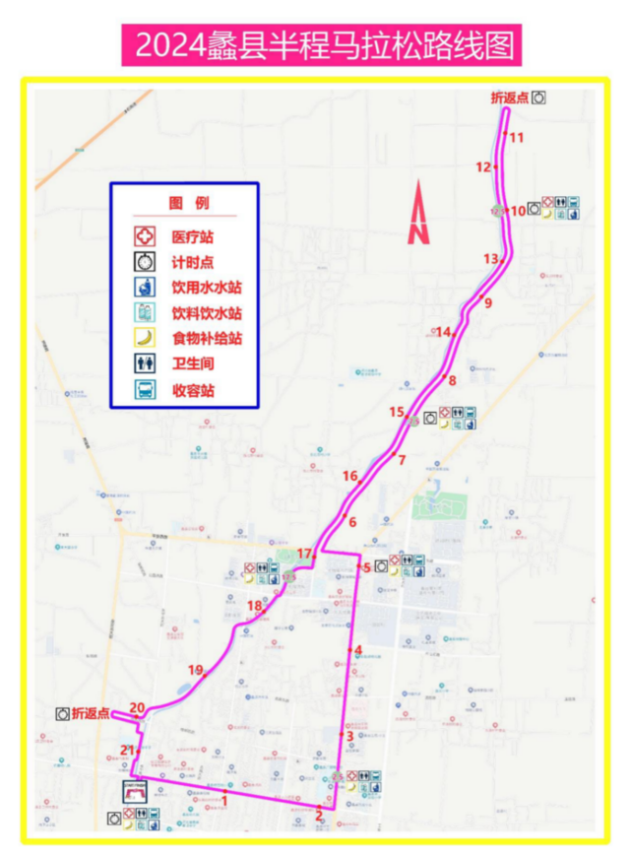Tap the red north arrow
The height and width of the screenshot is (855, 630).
pyautogui.click(x=419, y=213)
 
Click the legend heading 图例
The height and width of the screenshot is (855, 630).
pyautogui.click(x=188, y=203)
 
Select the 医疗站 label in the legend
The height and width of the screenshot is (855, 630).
pyautogui.click(x=193, y=237)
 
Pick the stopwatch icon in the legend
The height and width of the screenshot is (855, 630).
pyautogui.click(x=146, y=263)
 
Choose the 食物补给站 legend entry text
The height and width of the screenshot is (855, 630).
pyautogui.click(x=207, y=339)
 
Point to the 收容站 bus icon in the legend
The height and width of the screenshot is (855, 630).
pyautogui.click(x=146, y=390)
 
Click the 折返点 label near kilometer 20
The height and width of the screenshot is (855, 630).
pyautogui.click(x=91, y=713)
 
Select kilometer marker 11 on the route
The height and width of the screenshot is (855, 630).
pyautogui.click(x=517, y=137)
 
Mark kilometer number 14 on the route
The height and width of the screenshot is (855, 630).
pyautogui.click(x=444, y=332)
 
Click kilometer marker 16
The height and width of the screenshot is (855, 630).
pyautogui.click(x=350, y=477)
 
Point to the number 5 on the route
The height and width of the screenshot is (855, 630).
pyautogui.click(x=366, y=567)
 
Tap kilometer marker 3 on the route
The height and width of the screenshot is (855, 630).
pyautogui.click(x=349, y=735)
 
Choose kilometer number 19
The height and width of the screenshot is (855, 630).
pyautogui.click(x=195, y=670)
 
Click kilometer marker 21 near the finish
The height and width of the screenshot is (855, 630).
pyautogui.click(x=127, y=751)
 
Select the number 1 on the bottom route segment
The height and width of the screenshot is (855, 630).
pyautogui.click(x=225, y=800)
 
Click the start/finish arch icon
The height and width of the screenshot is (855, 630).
pyautogui.click(x=136, y=789)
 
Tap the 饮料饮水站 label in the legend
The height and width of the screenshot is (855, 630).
pyautogui.click(x=207, y=313)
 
